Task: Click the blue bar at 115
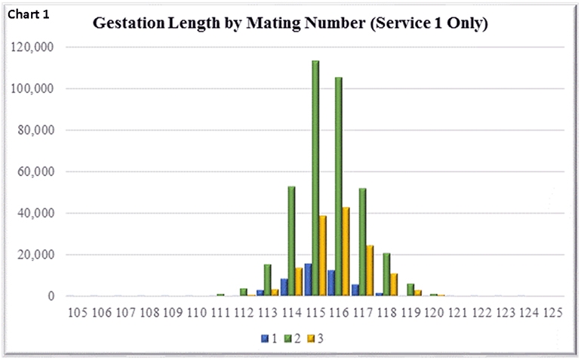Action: point(308,280)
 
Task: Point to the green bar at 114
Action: point(292,241)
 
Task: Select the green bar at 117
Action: point(362,242)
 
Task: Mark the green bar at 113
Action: point(268,280)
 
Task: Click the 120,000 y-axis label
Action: point(33,47)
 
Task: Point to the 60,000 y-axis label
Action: point(36,172)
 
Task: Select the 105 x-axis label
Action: point(78,312)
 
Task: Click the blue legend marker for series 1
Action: point(264,338)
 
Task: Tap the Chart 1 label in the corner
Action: point(29,14)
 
